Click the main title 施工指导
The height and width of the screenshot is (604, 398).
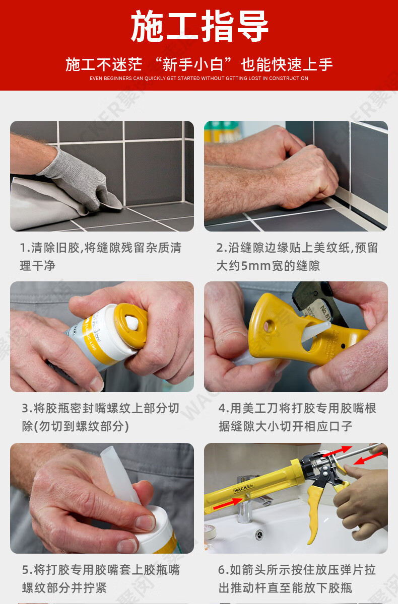point(200,26)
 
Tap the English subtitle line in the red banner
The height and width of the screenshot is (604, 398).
point(199,79)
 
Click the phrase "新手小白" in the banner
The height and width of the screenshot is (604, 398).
point(193,65)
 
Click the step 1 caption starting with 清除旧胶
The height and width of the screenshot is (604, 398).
point(100,256)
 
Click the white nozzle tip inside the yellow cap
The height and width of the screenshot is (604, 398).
point(132,323)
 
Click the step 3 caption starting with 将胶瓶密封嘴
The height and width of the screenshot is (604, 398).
point(100,417)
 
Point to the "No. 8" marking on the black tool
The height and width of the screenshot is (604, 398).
point(325,312)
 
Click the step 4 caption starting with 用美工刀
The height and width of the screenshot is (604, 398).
point(297,417)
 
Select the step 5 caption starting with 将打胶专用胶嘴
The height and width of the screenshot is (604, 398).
point(101,578)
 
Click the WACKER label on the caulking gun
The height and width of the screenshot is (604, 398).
point(243,488)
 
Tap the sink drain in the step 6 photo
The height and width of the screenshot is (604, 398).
point(259,534)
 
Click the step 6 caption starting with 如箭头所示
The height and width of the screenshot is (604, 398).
point(297,578)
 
